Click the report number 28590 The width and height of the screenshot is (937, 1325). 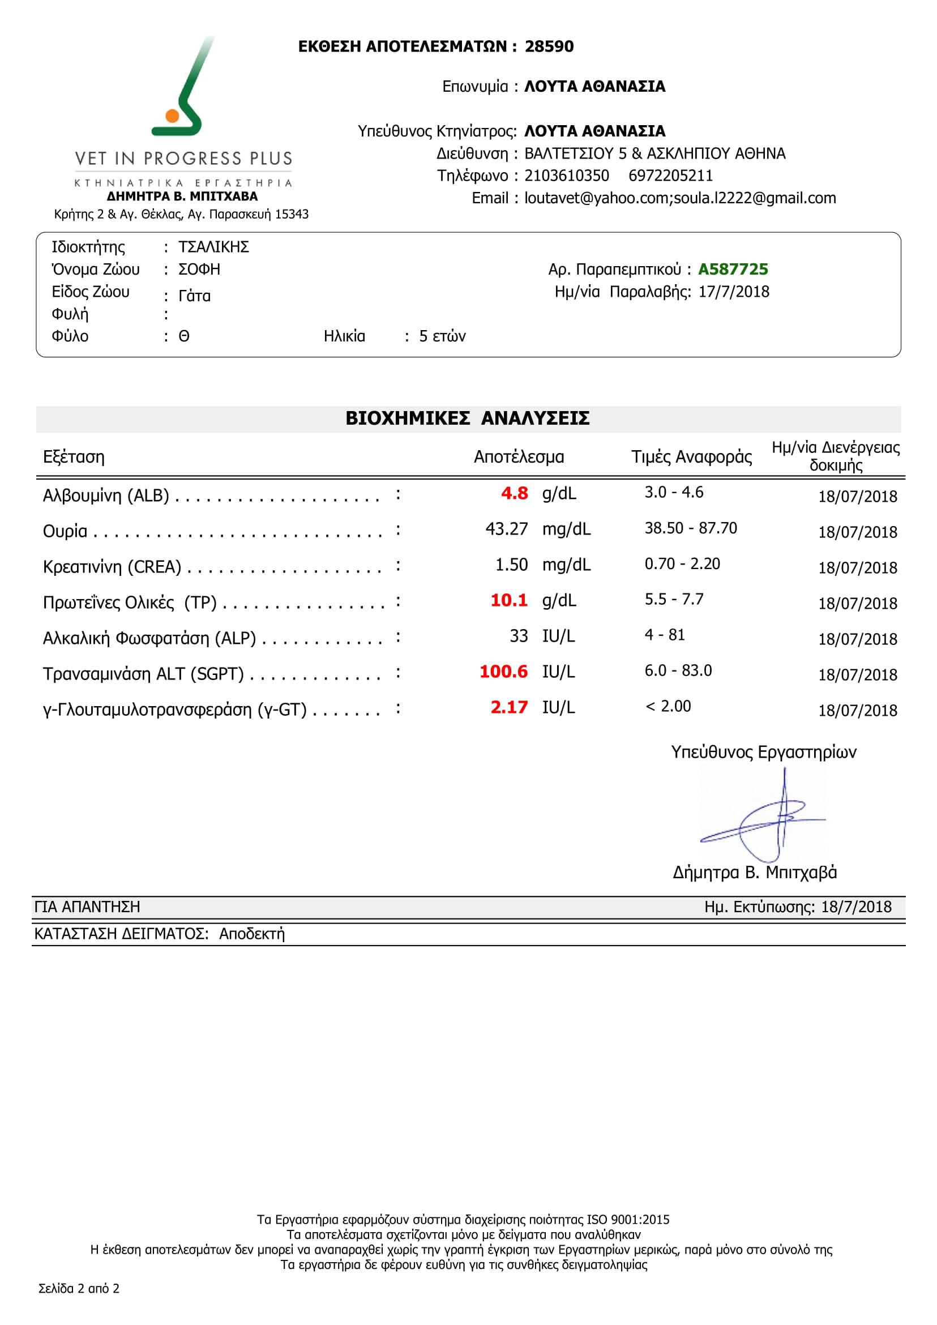pyautogui.click(x=549, y=47)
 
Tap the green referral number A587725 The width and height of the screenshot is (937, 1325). pyautogui.click(x=733, y=270)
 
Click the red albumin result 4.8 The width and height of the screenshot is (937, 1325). pyautogui.click(x=514, y=493)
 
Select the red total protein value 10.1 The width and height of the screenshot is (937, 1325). pyautogui.click(x=509, y=601)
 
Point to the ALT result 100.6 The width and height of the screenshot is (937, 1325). pyautogui.click(x=503, y=672)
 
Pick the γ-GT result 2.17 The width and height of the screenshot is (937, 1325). pyautogui.click(x=509, y=707)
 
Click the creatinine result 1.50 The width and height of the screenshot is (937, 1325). pyautogui.click(x=511, y=565)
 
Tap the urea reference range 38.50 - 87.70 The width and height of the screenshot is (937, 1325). pyautogui.click(x=691, y=529)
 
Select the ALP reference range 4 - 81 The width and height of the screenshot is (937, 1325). pyautogui.click(x=665, y=635)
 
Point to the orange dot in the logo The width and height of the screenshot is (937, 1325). pyautogui.click(x=172, y=116)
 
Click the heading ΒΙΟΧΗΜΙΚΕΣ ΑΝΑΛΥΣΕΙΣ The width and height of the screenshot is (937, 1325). pyautogui.click(x=467, y=419)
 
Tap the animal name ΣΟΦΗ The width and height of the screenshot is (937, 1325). pyautogui.click(x=199, y=270)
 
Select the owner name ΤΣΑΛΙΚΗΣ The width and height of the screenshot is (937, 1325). pyautogui.click(x=213, y=247)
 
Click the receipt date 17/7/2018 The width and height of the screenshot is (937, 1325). pyautogui.click(x=733, y=292)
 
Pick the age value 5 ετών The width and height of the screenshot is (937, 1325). pyautogui.click(x=442, y=336)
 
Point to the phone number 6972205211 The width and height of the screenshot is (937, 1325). pyautogui.click(x=670, y=176)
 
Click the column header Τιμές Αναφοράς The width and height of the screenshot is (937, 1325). pyautogui.click(x=691, y=458)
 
